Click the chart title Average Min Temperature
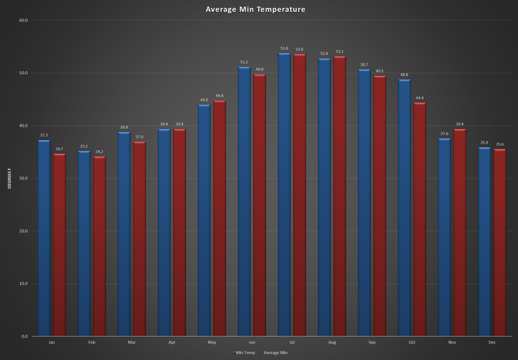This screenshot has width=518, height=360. coord(255,9)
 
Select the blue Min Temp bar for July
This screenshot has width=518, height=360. coord(284,193)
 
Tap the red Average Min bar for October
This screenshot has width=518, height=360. coord(420,220)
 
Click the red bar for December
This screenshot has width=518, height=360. coord(500,243)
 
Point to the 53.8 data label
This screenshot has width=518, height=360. coord(284,49)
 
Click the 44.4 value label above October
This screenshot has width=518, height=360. coord(420,98)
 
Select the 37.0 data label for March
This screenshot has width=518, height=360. coord(139,137)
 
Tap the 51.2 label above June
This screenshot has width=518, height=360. coord(244,62)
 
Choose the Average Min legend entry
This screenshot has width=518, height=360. coord(275,353)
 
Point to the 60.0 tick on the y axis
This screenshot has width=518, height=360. coord(23,20)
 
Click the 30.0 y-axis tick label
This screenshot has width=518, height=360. coord(23,178)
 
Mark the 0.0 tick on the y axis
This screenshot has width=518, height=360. coord(25,336)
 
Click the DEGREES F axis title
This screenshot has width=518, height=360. coord(10,178)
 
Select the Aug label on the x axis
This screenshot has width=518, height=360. coord(332,342)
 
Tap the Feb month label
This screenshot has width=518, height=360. coord(92,342)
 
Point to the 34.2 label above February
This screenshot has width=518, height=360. coord(99,152)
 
